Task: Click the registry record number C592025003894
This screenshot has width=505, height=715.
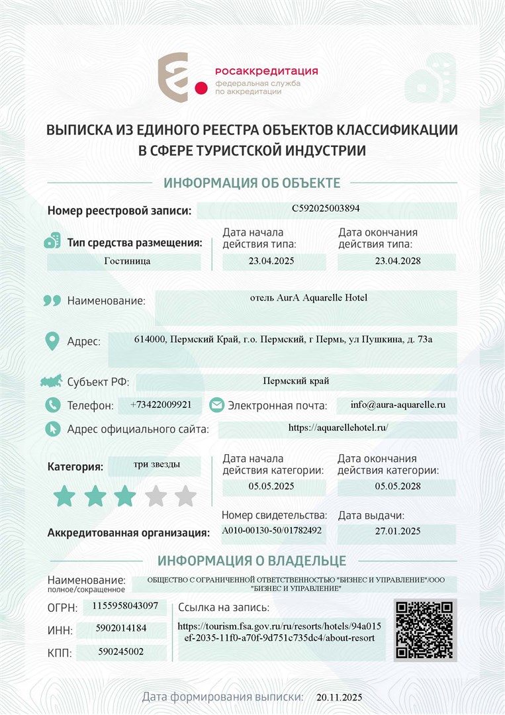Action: click(326, 209)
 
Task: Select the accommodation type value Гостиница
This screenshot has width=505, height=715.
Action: click(127, 261)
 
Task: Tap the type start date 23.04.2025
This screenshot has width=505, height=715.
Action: click(271, 261)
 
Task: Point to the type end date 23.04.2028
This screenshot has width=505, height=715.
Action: click(397, 261)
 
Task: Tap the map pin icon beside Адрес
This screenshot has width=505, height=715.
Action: click(52, 342)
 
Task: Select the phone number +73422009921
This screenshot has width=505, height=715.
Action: click(161, 404)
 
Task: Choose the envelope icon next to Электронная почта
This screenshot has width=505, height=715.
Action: click(216, 405)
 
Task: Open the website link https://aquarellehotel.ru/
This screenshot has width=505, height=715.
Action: click(338, 428)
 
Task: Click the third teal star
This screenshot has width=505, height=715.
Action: click(125, 496)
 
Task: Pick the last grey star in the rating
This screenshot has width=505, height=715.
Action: click(185, 496)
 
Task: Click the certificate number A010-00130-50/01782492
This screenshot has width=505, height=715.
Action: click(272, 530)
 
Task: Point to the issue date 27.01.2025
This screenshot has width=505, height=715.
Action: click(397, 531)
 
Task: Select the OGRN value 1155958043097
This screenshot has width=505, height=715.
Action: click(125, 606)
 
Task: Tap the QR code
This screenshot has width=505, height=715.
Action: click(425, 630)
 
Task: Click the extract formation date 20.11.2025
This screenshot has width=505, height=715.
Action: click(340, 698)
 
